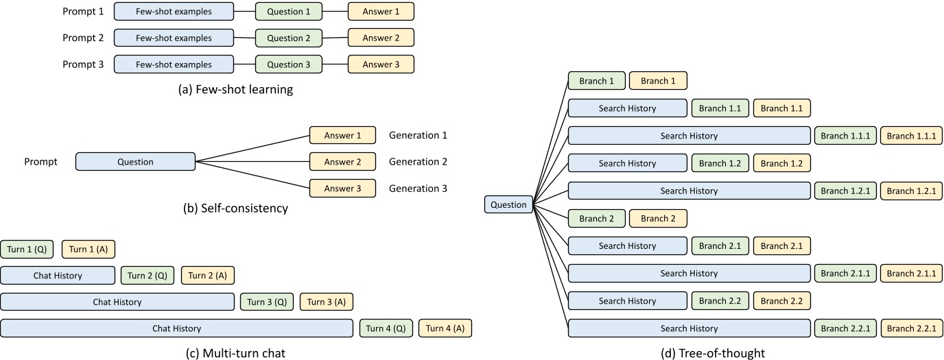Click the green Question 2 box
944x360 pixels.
288,38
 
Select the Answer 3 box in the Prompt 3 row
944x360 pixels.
381,64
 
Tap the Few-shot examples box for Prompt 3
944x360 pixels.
174,64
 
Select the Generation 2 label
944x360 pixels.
418,162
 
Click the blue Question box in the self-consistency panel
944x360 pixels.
135,162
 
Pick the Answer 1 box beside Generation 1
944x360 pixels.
342,136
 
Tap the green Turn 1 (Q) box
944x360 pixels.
27,250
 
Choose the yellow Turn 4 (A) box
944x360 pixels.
445,328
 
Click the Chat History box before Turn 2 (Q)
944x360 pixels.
58,276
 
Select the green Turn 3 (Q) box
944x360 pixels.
266,302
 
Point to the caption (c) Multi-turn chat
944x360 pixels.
235,353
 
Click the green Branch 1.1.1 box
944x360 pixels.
844,136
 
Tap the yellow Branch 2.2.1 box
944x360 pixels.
911,329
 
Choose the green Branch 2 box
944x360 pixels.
596,219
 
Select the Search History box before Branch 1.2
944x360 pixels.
627,163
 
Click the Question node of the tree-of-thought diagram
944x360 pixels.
508,204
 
